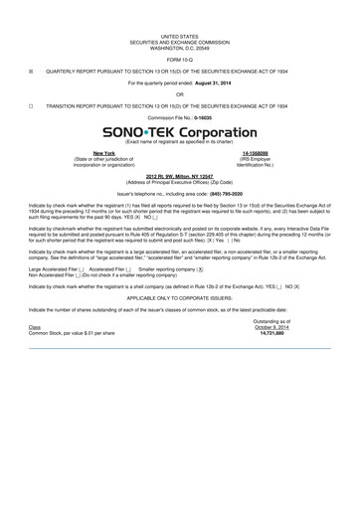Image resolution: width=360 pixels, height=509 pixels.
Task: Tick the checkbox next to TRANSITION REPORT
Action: [31, 104]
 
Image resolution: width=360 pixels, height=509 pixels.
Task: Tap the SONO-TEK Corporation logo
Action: [180, 131]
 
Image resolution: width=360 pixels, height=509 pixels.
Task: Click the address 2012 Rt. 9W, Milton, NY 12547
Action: [180, 175]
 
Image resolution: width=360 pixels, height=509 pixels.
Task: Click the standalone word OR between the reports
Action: [180, 93]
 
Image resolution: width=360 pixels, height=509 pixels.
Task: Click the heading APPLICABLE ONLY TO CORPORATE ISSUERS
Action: [180, 297]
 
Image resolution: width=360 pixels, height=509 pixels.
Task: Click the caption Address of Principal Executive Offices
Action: [180, 180]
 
